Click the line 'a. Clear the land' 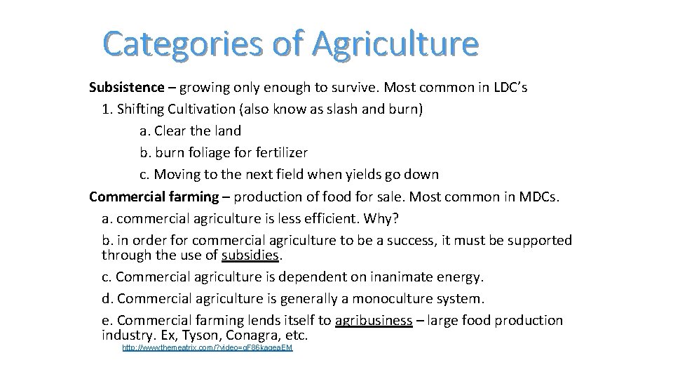tap(190, 131)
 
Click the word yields tap(376, 174)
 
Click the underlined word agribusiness tap(374, 321)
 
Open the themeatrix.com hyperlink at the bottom tap(207, 347)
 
